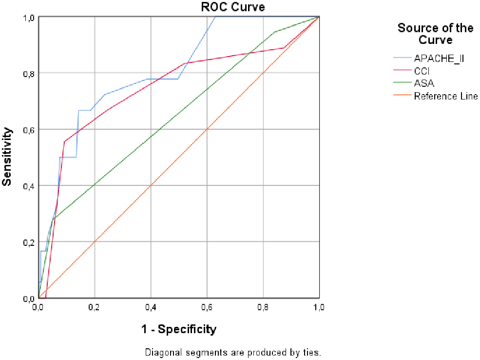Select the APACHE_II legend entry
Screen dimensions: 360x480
coord(439,59)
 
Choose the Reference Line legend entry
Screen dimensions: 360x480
coord(445,96)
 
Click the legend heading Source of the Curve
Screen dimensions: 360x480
coord(435,34)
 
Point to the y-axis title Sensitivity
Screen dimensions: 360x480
coord(7,156)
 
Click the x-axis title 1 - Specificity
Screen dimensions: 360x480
coord(179,329)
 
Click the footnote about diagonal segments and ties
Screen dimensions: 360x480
coord(233,352)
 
